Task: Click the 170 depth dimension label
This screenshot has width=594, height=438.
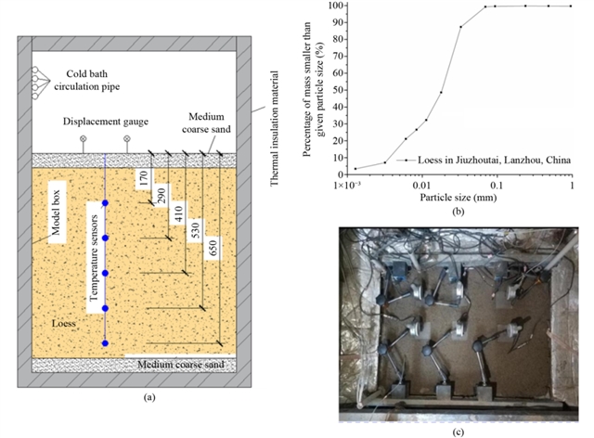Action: tap(144, 178)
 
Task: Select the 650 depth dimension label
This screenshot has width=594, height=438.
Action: tap(213, 248)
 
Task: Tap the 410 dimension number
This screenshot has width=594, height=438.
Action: tap(178, 213)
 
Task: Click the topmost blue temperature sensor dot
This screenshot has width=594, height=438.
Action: tap(105, 203)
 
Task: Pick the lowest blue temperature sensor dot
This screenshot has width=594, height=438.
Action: tap(105, 343)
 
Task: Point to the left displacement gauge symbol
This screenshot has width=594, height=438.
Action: tap(83, 138)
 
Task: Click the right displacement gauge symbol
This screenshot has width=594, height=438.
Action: tap(127, 138)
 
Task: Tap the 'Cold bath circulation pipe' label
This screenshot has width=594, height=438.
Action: tap(86, 80)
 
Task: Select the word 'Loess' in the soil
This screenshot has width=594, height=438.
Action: tap(64, 323)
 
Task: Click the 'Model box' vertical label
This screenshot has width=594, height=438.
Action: tap(56, 213)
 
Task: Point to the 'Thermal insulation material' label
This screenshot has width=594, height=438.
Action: tap(274, 128)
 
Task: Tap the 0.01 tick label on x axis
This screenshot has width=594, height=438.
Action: tap(421, 185)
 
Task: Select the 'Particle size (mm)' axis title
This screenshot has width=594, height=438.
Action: tap(458, 198)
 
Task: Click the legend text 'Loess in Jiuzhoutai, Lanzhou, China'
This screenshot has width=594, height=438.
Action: tap(494, 160)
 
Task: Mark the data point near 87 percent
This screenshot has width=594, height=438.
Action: tap(460, 27)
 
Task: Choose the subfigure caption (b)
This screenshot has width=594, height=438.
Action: tap(458, 212)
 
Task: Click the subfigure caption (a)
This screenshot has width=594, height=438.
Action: tap(149, 397)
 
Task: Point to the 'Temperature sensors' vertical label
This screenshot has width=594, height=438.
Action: tap(94, 258)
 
